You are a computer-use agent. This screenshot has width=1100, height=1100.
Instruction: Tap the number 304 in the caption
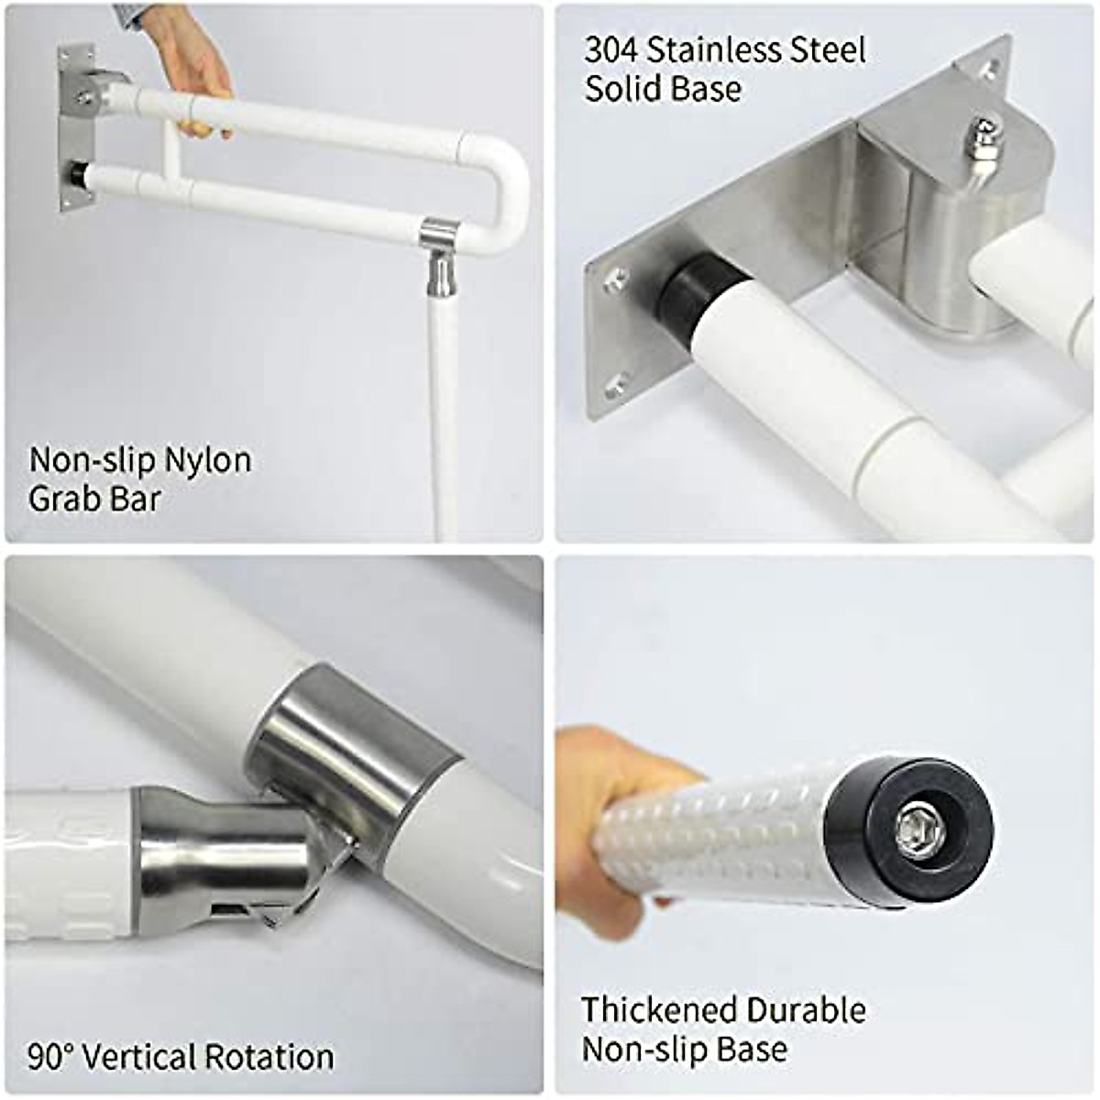[611, 49]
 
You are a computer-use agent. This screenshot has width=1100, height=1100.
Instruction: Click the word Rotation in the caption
[269, 1057]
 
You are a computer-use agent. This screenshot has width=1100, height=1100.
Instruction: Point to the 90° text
[50, 1057]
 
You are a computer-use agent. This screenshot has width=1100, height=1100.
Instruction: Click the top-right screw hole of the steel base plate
[989, 67]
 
